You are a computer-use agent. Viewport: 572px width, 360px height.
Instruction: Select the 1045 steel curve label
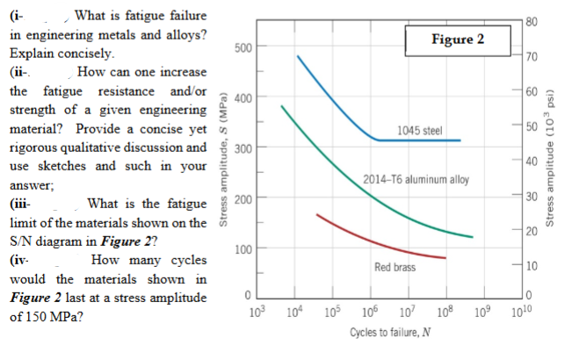point(419,131)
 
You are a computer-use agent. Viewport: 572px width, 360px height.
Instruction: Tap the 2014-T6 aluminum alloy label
point(416,182)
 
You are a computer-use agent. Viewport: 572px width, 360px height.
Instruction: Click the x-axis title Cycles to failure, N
point(384,335)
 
